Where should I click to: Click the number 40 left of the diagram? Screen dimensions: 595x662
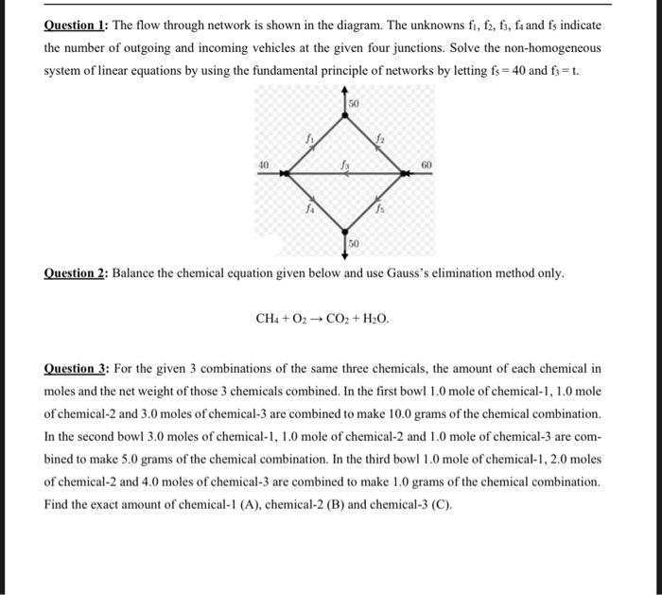264,165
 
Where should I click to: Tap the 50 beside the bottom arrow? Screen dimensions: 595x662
354,244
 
